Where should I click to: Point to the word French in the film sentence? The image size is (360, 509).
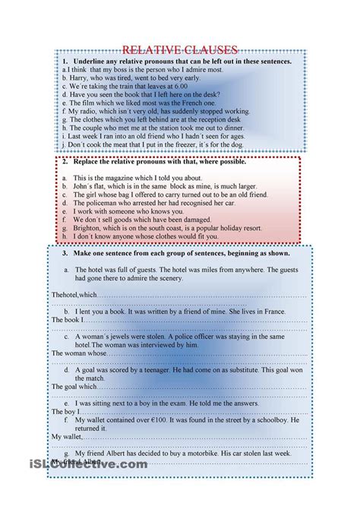click(x=194, y=103)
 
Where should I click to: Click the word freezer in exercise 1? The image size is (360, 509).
click(x=195, y=144)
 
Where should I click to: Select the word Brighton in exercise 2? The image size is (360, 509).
click(x=88, y=228)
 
